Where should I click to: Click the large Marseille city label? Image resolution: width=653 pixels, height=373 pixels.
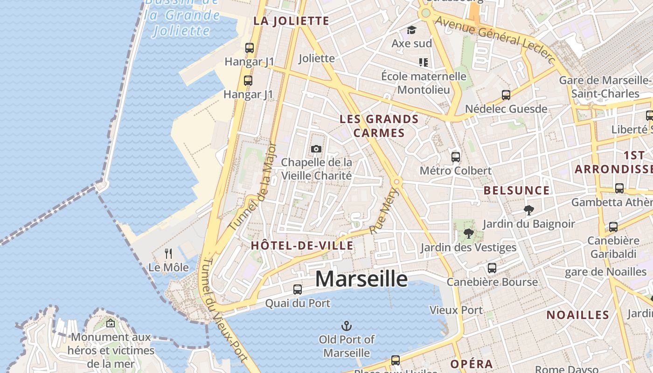pyautogui.click(x=361, y=279)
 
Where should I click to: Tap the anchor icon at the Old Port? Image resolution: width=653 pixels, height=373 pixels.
pyautogui.click(x=347, y=325)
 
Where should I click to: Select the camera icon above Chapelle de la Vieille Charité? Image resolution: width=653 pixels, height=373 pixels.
pyautogui.click(x=316, y=149)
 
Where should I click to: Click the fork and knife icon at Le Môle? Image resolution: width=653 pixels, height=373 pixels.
pyautogui.click(x=168, y=254)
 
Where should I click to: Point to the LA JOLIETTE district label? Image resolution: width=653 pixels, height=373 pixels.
pyautogui.click(x=291, y=21)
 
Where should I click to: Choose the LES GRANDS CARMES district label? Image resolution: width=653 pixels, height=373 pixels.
pyautogui.click(x=379, y=126)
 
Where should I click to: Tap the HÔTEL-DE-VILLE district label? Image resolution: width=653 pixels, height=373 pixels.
pyautogui.click(x=302, y=246)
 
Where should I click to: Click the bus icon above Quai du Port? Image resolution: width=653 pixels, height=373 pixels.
pyautogui.click(x=298, y=289)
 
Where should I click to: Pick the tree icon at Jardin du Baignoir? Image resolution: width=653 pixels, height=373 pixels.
pyautogui.click(x=528, y=210)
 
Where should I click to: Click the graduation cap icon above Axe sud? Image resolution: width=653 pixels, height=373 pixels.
pyautogui.click(x=411, y=30)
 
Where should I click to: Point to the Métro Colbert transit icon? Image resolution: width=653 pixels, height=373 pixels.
pyautogui.click(x=456, y=157)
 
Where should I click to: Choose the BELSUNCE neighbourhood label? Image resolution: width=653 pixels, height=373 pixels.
pyautogui.click(x=517, y=190)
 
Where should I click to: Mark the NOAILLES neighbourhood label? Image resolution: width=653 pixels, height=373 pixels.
pyautogui.click(x=577, y=315)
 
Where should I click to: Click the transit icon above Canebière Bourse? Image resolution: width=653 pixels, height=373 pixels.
pyautogui.click(x=492, y=268)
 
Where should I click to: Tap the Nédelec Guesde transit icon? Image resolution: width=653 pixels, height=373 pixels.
pyautogui.click(x=506, y=95)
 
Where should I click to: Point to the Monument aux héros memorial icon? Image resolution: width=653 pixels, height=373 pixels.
pyautogui.click(x=111, y=323)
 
